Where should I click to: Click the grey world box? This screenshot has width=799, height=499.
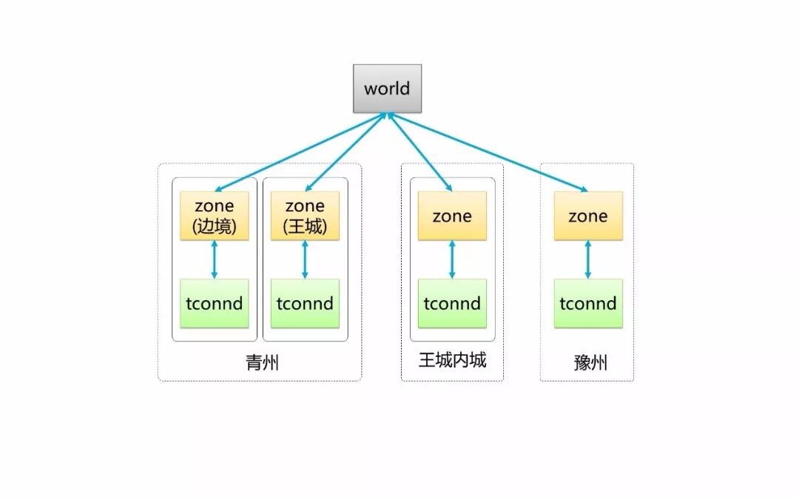pyautogui.click(x=387, y=89)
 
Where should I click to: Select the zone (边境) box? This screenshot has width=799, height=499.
pyautogui.click(x=215, y=216)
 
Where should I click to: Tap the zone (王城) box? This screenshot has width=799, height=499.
pyautogui.click(x=305, y=216)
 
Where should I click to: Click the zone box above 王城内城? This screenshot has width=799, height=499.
pyautogui.click(x=452, y=216)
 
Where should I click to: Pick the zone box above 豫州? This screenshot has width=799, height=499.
pyautogui.click(x=588, y=216)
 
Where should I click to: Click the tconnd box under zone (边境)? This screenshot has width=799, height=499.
pyautogui.click(x=215, y=303)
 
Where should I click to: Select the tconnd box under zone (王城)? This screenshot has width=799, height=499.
pyautogui.click(x=305, y=303)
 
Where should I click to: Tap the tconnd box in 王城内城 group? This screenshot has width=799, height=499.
pyautogui.click(x=452, y=303)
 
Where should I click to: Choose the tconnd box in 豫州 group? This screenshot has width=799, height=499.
pyautogui.click(x=588, y=303)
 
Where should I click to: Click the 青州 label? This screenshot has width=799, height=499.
pyautogui.click(x=262, y=363)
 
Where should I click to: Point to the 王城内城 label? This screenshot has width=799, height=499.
pyautogui.click(x=452, y=360)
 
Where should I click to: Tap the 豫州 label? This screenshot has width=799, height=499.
pyautogui.click(x=590, y=363)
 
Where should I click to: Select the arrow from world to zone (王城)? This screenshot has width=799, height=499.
pyautogui.click(x=346, y=152)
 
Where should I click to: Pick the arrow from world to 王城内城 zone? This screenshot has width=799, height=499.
pyautogui.click(x=419, y=152)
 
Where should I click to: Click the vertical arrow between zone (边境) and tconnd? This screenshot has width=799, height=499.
pyautogui.click(x=215, y=259)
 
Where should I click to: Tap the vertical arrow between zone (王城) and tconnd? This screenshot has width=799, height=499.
pyautogui.click(x=305, y=259)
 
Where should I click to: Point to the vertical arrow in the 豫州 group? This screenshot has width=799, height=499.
pyautogui.click(x=588, y=259)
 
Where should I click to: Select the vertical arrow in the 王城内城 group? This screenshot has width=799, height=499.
pyautogui.click(x=452, y=259)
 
